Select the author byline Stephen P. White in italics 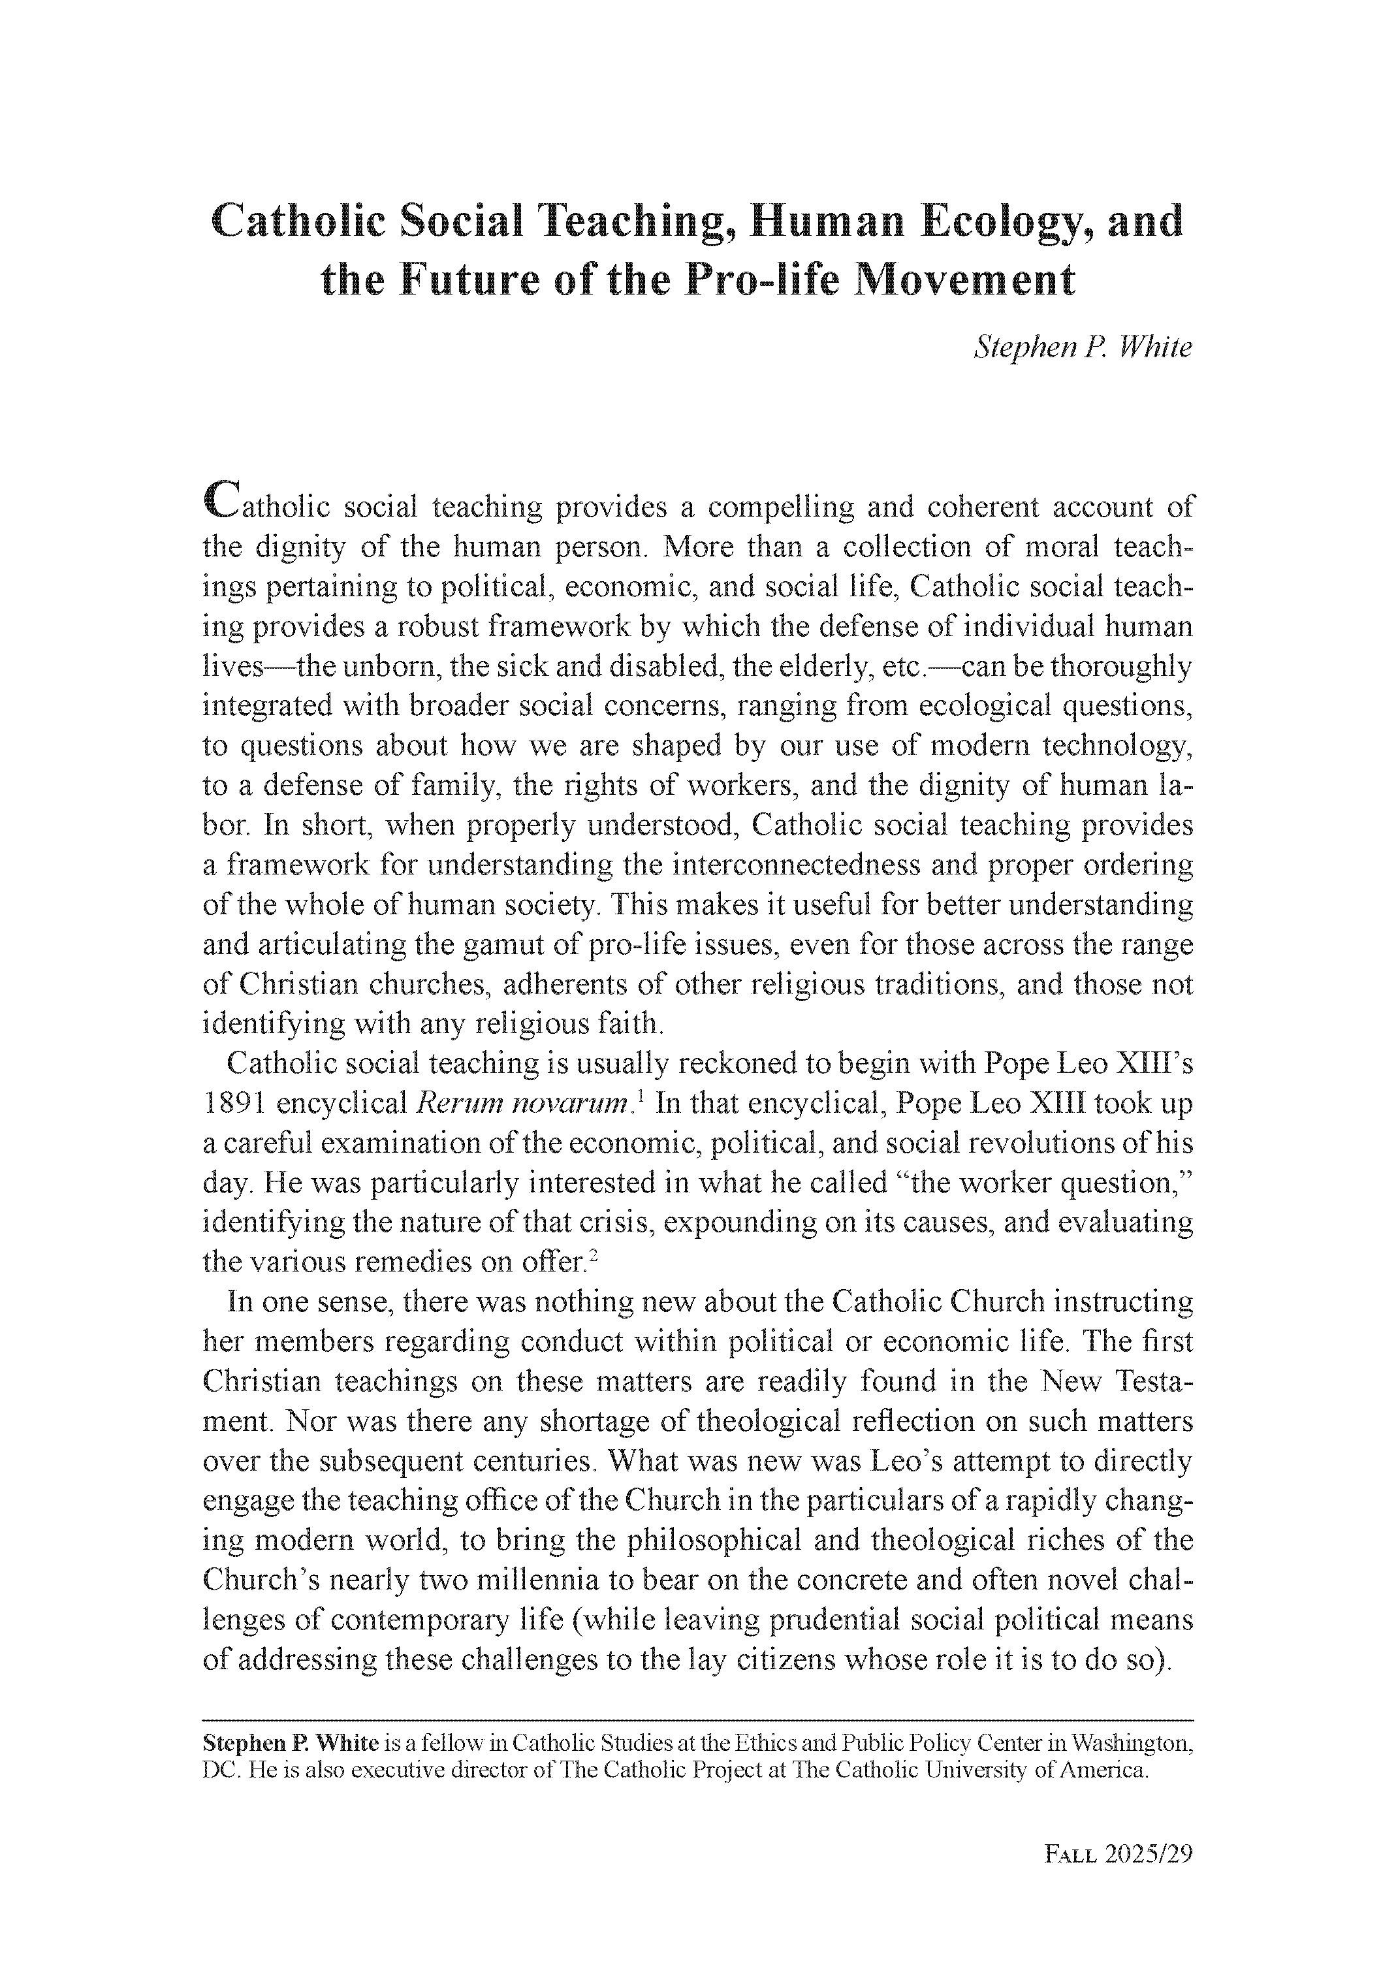tap(1083, 347)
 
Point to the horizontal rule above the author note tap(697, 1720)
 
